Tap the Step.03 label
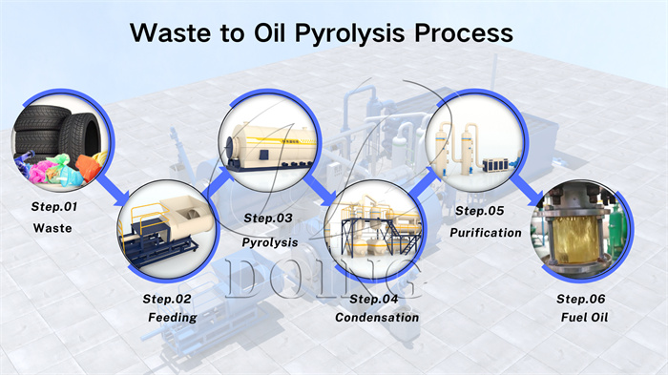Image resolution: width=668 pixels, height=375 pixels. tap(267, 219)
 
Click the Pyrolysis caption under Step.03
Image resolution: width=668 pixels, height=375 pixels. tap(270, 242)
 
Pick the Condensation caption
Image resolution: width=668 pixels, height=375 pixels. tap(376, 318)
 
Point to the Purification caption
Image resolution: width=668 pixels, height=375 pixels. tap(487, 232)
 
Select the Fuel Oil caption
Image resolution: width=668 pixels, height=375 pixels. tap(581, 318)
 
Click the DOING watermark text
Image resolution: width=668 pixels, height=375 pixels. tap(325, 278)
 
